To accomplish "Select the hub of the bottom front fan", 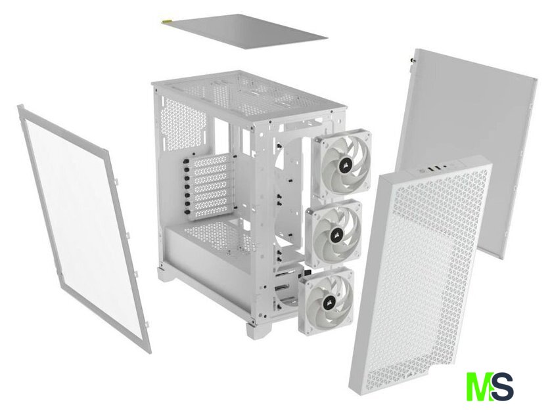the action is pyautogui.click(x=326, y=302).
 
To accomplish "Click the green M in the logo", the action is pyautogui.click(x=478, y=387).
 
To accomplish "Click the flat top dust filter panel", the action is pyautogui.click(x=244, y=31).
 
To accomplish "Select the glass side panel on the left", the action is pyautogui.click(x=83, y=225).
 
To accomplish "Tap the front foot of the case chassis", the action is pyautogui.click(x=254, y=330).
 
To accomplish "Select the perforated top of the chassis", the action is pyautogui.click(x=248, y=95).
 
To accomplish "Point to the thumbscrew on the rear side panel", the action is pyautogui.click(x=412, y=61).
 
